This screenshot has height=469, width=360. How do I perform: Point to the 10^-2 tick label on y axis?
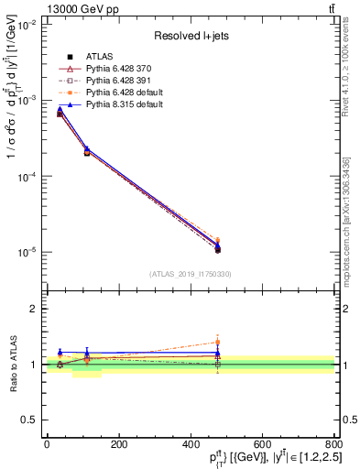[25, 25]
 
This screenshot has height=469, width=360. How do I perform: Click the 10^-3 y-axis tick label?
[25, 101]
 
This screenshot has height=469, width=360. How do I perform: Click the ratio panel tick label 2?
[34, 309]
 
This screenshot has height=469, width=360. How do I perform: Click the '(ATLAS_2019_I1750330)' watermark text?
[191, 274]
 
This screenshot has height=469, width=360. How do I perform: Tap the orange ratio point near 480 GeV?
[218, 342]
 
